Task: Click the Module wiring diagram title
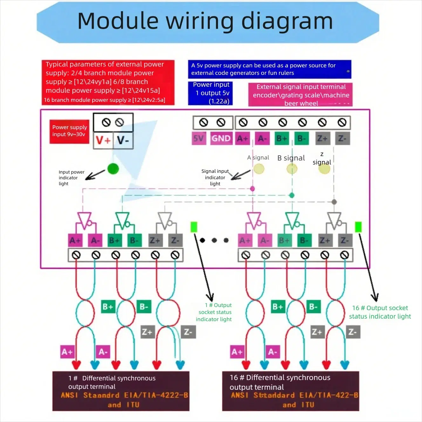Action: coord(205,21)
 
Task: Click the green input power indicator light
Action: coord(113,169)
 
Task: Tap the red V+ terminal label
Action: coord(103,140)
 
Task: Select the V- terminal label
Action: coord(123,140)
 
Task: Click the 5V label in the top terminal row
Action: coord(199,139)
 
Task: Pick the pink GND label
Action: coord(221,139)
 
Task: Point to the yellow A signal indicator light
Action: coord(259,169)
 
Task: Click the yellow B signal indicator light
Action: coord(292,169)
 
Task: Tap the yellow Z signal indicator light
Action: coord(324,169)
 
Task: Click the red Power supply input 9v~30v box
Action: coord(69,131)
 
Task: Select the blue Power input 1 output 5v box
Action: coord(210,93)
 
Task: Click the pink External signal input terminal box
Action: coord(301,95)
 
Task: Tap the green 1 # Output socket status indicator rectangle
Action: coord(194,227)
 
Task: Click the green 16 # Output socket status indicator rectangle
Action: coord(358,227)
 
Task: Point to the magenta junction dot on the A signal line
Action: coord(253,189)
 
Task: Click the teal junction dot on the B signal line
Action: coord(292,195)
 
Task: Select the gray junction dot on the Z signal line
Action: coord(334,202)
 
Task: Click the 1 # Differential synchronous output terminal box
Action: coord(121,391)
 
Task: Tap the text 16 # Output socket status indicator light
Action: coord(380,312)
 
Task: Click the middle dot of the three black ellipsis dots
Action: coord(214,240)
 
